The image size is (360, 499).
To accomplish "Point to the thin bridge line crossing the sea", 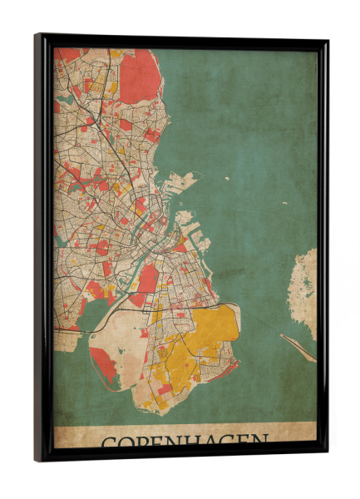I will click(x=298, y=348).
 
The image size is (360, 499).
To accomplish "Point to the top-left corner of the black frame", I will click(x=37, y=36).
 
